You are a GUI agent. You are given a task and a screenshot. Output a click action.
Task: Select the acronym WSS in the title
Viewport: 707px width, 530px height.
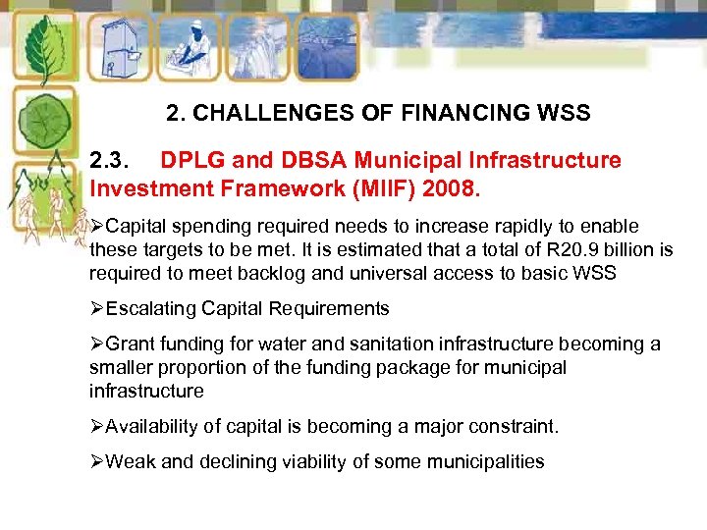point(566,114)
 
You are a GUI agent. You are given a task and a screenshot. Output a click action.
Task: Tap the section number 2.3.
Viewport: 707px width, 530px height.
point(113,160)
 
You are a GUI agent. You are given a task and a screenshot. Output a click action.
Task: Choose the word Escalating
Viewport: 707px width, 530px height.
point(151,309)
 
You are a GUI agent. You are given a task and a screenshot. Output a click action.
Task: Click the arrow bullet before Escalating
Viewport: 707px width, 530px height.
point(97,309)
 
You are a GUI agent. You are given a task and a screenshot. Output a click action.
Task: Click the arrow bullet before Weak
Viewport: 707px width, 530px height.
point(97,462)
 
